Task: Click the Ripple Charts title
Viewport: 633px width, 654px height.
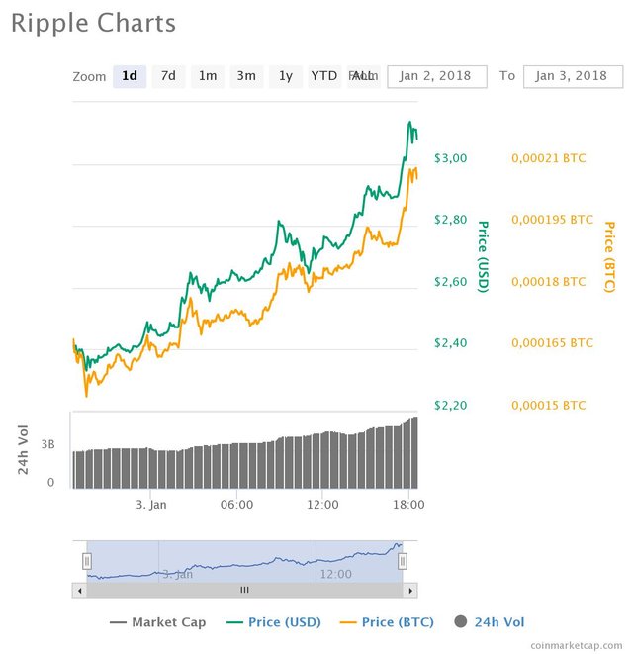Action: pyautogui.click(x=93, y=23)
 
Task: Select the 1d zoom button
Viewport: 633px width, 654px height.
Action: pyautogui.click(x=130, y=76)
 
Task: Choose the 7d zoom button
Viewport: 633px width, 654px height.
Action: pyautogui.click(x=169, y=76)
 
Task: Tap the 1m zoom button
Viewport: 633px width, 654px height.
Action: pyautogui.click(x=208, y=76)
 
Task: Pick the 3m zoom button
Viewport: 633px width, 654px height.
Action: pyautogui.click(x=246, y=76)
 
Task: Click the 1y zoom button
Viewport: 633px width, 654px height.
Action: pyautogui.click(x=285, y=76)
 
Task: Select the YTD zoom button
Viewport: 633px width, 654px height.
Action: pyautogui.click(x=323, y=76)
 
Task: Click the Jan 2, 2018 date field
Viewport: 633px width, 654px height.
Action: pyautogui.click(x=437, y=76)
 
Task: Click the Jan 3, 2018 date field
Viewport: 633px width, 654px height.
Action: pyautogui.click(x=573, y=76)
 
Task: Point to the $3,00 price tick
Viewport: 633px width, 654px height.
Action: pyautogui.click(x=450, y=158)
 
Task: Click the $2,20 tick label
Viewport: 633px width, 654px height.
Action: pyautogui.click(x=450, y=405)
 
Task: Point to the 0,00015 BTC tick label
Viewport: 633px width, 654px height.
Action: pyautogui.click(x=547, y=405)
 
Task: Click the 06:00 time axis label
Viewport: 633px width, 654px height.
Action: pyautogui.click(x=237, y=504)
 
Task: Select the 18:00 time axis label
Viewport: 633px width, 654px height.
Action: pyautogui.click(x=408, y=504)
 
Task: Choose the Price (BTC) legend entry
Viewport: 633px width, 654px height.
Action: pyautogui.click(x=382, y=622)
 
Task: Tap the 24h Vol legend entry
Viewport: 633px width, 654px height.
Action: pyautogui.click(x=490, y=622)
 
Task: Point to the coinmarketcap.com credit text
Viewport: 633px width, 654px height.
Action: pyautogui.click(x=578, y=644)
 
